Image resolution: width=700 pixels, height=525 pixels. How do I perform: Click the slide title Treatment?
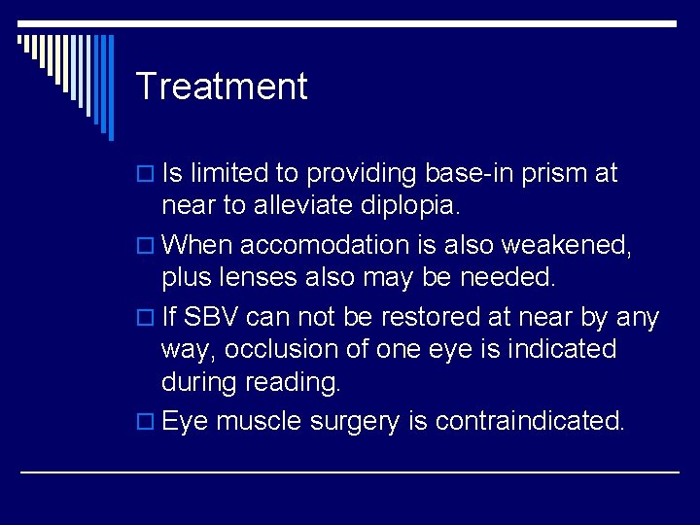222,87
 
